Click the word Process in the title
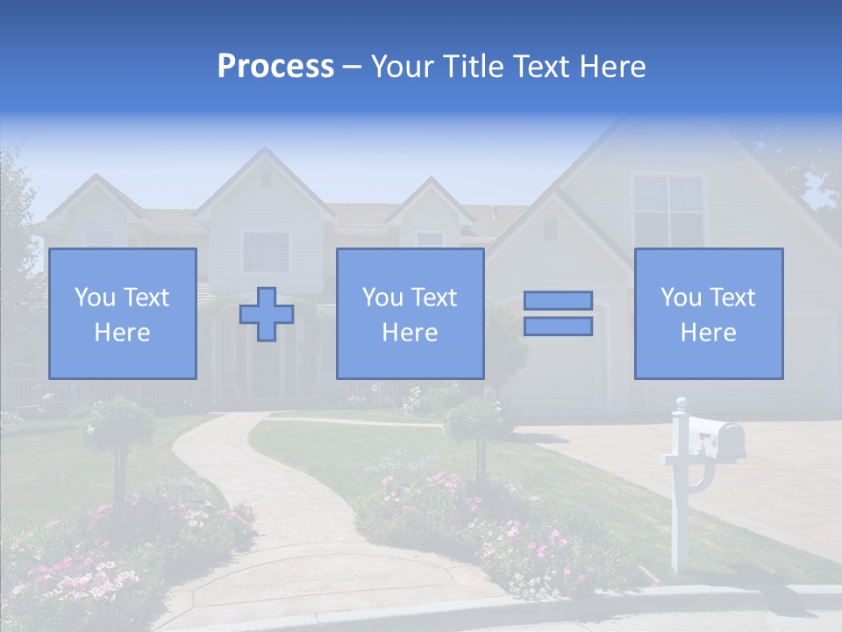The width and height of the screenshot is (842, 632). (275, 67)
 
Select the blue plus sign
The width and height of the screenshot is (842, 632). (267, 313)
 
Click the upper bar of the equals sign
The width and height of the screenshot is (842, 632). (558, 301)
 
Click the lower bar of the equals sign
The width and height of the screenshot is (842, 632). (558, 327)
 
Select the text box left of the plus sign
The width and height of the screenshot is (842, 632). (123, 313)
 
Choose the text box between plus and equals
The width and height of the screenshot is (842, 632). (410, 313)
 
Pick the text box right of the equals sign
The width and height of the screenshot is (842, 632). (708, 313)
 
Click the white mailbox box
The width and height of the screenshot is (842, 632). (716, 437)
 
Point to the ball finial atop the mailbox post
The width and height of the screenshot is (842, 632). (681, 403)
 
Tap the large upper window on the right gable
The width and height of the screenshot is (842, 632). (668, 211)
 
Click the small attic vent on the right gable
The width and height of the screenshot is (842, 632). (550, 229)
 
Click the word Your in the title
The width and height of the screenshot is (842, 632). (403, 67)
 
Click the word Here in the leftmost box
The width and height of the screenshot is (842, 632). (123, 333)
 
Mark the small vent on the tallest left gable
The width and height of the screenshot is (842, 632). (265, 180)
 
